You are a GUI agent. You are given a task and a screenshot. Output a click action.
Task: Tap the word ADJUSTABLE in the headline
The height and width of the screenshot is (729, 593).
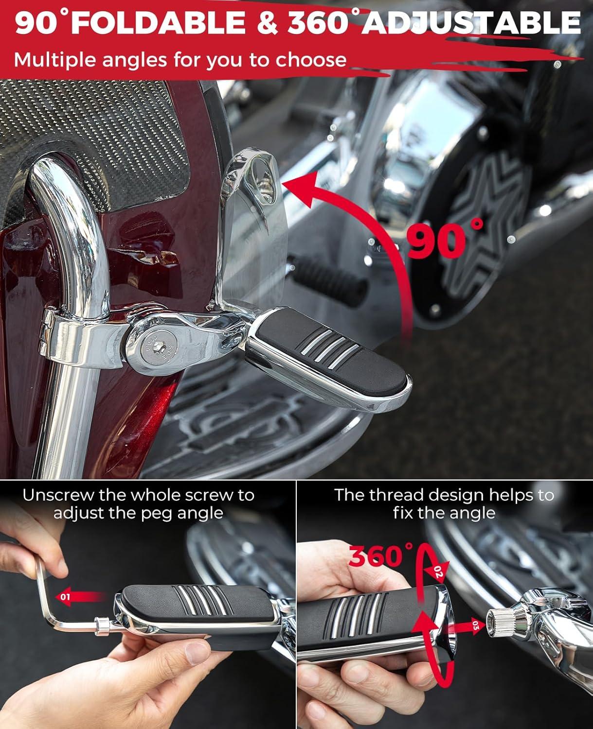[x=471, y=23]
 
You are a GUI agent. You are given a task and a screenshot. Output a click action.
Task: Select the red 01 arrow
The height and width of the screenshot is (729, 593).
[x=79, y=596]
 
